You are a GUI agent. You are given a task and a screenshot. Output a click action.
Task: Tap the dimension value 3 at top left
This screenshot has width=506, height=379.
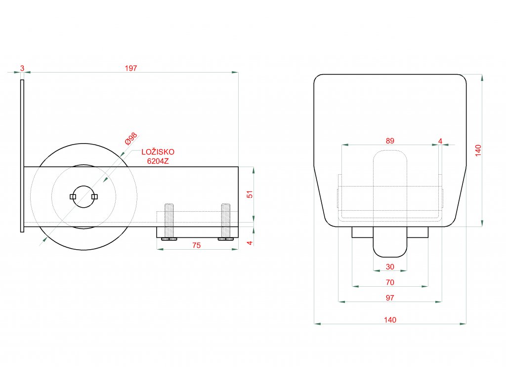click(x=22, y=68)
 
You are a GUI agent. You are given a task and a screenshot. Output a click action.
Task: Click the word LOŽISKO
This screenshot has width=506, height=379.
click(x=158, y=152)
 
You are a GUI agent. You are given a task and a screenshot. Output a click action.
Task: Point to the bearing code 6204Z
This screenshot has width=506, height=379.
click(x=158, y=161)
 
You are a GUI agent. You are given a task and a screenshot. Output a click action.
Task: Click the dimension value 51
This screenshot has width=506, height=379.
click(x=250, y=194)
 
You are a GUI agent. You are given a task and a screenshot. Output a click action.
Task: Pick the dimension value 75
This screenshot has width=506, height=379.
click(x=196, y=245)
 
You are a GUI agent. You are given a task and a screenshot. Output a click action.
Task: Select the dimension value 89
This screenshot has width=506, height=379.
click(x=390, y=141)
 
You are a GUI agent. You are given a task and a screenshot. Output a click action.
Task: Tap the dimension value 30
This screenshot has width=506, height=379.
click(x=390, y=266)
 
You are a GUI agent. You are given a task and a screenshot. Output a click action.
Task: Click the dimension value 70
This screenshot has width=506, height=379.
click(x=390, y=282)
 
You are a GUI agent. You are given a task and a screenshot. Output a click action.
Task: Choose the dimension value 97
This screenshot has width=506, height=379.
click(x=390, y=298)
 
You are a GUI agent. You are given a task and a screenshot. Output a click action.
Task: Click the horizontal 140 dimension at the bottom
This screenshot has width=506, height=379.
click(x=390, y=320)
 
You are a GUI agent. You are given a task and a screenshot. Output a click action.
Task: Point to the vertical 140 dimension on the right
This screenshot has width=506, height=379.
click(x=477, y=150)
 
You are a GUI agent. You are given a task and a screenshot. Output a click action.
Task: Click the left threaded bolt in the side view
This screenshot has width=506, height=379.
click(x=169, y=221)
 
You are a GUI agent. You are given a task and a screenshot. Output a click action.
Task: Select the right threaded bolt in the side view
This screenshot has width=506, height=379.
click(x=226, y=221)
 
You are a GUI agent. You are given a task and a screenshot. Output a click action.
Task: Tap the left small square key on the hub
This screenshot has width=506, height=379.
click(x=73, y=196)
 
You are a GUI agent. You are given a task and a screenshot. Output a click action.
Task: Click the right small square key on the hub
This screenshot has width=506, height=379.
click(x=94, y=196)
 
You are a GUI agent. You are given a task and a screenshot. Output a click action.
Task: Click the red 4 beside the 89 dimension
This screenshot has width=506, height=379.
click(x=440, y=141)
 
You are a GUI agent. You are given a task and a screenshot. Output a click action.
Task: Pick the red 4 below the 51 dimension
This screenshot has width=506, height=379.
click(x=250, y=242)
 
